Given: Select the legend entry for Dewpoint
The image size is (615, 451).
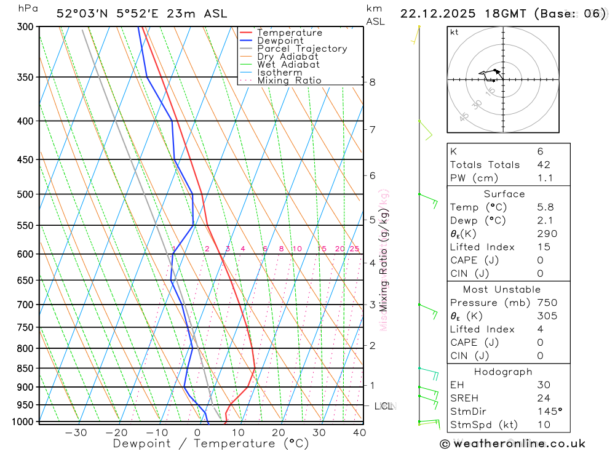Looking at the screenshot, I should tap(280, 41).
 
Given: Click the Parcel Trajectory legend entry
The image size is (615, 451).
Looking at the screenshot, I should tap(302, 49).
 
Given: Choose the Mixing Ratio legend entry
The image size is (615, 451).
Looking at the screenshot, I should tap(289, 81).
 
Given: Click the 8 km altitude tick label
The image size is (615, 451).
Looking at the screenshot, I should tap(373, 82).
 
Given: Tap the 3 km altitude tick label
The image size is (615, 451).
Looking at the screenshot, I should tap(373, 305).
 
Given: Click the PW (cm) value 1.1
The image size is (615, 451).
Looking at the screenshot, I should tap(545, 178).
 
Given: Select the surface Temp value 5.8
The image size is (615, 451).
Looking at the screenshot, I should tap(545, 207).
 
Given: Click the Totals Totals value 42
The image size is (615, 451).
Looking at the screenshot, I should tap(544, 165).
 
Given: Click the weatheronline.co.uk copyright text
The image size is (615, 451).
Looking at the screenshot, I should tap(513, 444).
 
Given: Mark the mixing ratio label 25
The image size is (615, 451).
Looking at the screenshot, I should tap(354, 249).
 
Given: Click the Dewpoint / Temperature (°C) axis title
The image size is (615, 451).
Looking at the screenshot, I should tap(211, 444).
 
